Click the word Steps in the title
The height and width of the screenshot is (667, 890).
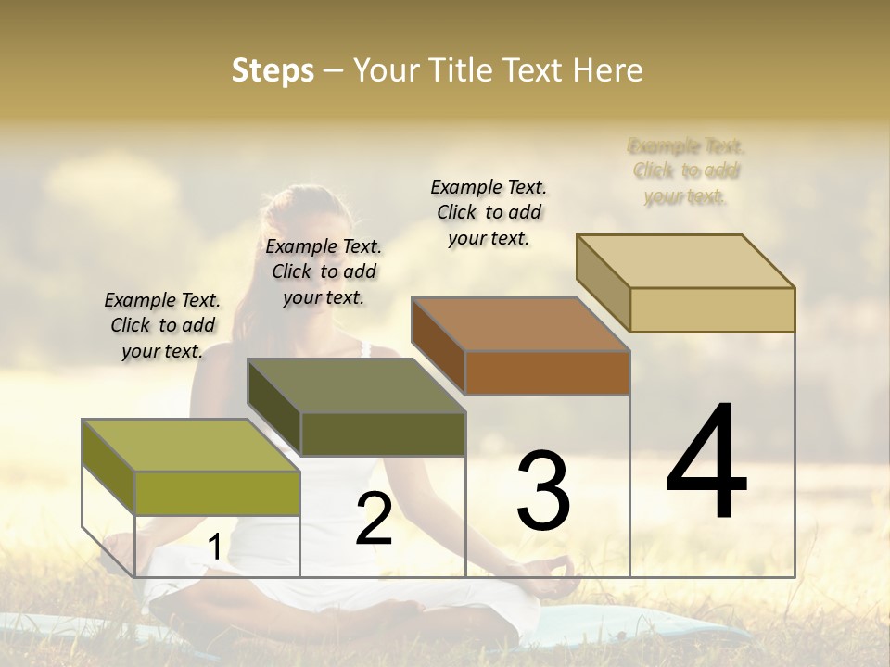273,70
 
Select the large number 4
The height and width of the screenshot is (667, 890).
706,462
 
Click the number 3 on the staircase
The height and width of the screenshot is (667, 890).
543,490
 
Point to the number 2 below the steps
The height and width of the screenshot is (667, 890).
375,519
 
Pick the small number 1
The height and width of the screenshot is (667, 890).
215,547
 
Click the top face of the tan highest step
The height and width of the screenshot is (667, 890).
686,260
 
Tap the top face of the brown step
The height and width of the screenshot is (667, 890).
520,324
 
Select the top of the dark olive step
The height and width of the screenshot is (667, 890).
356,385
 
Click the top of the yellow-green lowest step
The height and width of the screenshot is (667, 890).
191,446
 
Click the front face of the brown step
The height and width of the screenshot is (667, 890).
547,373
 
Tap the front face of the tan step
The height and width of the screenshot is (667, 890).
712,309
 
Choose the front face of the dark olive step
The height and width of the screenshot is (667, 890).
382,434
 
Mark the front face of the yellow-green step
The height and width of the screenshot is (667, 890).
217,493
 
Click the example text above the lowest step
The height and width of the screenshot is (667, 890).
162,325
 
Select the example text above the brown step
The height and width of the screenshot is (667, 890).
489,212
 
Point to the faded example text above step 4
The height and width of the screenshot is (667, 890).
686,170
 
